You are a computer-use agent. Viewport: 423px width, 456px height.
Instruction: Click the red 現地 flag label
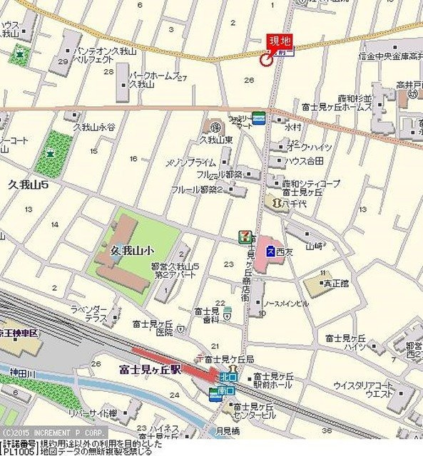(x=279, y=41)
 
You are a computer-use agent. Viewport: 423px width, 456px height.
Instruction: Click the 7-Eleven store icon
(x=244, y=235)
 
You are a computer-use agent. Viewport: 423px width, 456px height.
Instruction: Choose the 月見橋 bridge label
(x=228, y=430)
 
